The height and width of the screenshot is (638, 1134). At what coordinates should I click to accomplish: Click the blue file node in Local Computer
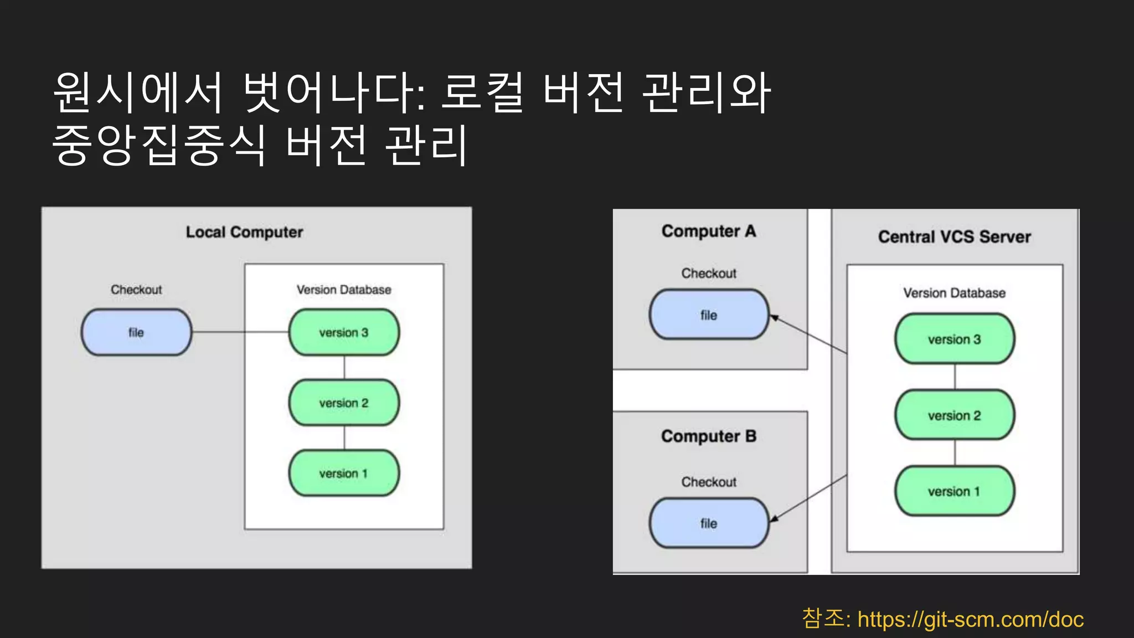point(136,332)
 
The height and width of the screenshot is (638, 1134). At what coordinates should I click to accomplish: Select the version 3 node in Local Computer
point(344,332)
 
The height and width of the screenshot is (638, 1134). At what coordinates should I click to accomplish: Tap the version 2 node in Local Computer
point(344,403)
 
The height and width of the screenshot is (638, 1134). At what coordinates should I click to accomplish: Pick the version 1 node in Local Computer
point(344,473)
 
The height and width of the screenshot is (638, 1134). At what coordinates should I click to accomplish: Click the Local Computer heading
point(244,232)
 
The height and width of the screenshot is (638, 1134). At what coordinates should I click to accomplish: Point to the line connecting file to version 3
point(239,332)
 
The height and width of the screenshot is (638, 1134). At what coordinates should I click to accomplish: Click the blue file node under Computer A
point(709,315)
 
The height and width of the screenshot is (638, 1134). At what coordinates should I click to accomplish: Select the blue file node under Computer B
point(709,523)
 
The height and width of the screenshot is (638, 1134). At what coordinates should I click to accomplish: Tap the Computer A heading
point(709,231)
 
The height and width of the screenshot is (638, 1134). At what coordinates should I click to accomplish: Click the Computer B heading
point(709,436)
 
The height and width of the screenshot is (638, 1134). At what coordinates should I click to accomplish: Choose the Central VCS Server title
point(954,237)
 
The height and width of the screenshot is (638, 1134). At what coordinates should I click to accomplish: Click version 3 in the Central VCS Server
point(954,339)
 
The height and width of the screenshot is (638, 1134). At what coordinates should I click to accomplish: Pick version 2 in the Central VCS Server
point(954,415)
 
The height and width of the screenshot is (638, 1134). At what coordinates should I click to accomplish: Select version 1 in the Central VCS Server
point(954,491)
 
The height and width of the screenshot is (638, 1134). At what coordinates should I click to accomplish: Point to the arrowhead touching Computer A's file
point(775,318)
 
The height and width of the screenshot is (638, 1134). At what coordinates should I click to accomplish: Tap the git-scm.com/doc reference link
point(970,619)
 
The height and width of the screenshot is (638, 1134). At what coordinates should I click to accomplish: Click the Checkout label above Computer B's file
point(709,482)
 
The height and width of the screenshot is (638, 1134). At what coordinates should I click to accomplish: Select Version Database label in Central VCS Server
point(954,293)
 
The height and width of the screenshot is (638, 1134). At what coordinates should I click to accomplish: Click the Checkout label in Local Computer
point(136,290)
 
